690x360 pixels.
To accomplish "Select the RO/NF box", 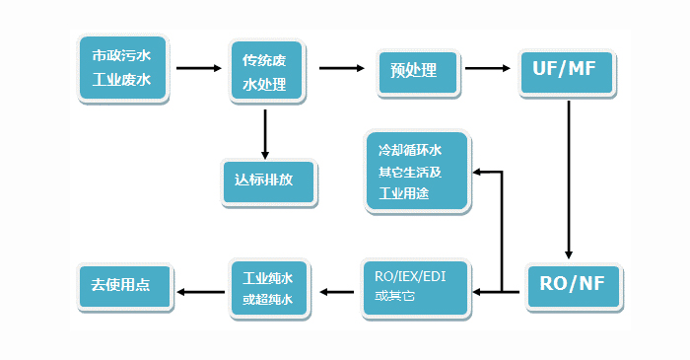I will point(573,286).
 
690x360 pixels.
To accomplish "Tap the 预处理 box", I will point(420,70).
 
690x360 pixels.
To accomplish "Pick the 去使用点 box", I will point(123,286).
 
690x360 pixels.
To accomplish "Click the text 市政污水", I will point(123,55).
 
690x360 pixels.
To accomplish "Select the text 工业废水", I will point(123,80).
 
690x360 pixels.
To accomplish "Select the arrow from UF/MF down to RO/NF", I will point(569,178).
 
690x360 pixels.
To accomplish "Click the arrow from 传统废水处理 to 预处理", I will point(341,69).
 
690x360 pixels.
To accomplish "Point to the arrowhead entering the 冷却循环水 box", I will point(479,173).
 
